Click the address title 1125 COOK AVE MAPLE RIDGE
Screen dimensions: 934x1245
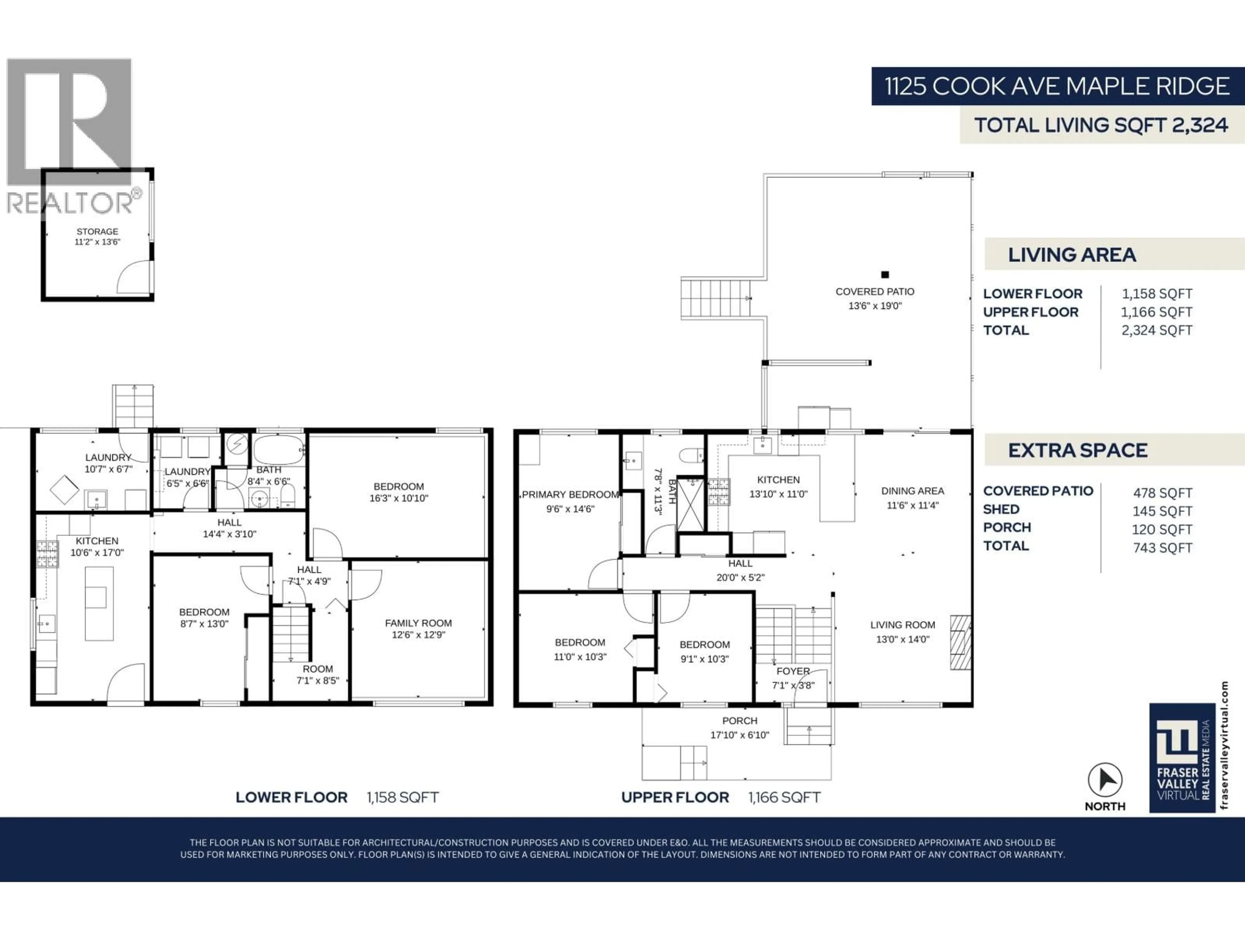click(1056, 86)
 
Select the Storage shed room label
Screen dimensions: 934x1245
click(97, 231)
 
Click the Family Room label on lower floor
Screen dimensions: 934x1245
click(418, 623)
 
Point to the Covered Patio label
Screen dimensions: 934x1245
click(875, 292)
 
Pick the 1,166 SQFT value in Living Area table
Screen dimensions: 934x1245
click(1156, 312)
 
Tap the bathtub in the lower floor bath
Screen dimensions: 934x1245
click(279, 449)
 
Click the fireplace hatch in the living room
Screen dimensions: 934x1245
click(961, 642)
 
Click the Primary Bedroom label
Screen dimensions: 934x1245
click(570, 494)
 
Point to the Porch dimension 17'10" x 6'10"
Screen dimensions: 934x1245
click(740, 735)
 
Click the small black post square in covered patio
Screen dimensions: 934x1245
click(885, 275)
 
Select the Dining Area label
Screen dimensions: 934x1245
click(912, 491)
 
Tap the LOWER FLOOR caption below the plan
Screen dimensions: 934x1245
click(291, 797)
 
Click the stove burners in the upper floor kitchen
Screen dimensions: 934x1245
click(719, 492)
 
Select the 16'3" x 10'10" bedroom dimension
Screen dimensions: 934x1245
click(398, 498)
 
